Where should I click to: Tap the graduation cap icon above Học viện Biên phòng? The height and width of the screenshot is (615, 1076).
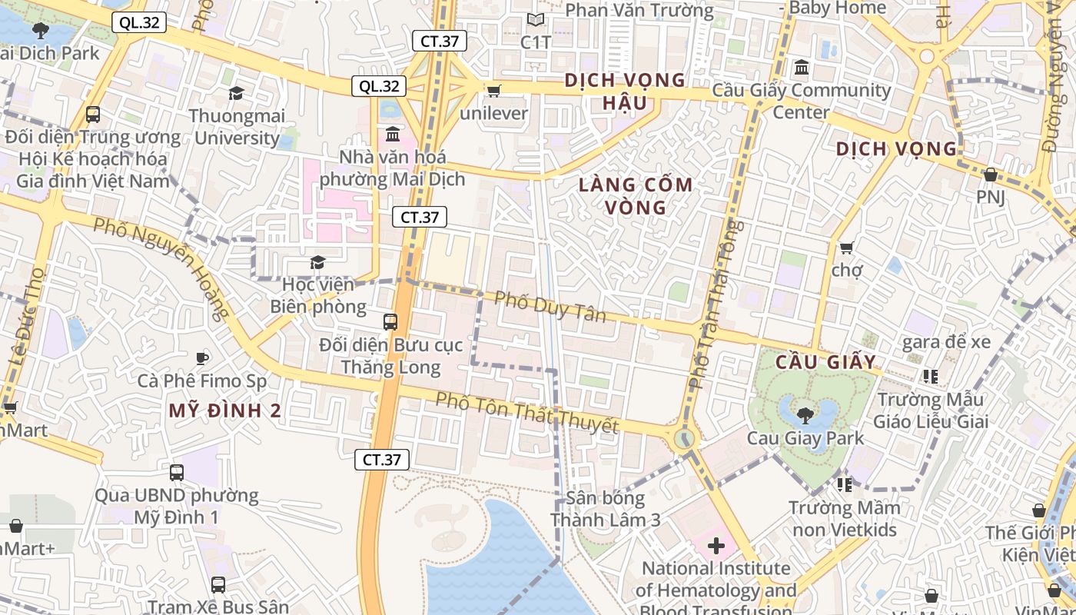coord(317,263)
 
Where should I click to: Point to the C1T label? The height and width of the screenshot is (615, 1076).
coord(536,42)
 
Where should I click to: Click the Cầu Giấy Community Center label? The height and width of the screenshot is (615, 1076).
coord(802,101)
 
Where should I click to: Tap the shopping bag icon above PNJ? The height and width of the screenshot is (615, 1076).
coord(991,175)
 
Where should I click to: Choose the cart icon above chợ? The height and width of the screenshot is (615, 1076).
coord(846,248)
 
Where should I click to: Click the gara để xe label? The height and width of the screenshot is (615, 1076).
coord(946,342)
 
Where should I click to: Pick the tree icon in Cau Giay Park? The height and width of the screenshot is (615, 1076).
coord(805,416)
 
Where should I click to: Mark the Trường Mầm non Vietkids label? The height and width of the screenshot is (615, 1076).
coord(844,519)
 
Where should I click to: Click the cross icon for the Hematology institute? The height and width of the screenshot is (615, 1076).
coord(716,546)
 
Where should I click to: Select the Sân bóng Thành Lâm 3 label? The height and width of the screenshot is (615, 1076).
coord(606,509)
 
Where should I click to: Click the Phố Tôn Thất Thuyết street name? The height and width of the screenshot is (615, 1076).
coord(526,413)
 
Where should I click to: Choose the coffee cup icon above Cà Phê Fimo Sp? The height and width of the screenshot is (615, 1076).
coord(202,358)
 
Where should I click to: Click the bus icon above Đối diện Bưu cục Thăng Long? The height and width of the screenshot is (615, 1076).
coord(390,322)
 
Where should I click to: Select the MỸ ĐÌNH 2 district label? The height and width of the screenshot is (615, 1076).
coord(225,411)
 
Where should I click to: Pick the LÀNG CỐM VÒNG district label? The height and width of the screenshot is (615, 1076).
coord(636,196)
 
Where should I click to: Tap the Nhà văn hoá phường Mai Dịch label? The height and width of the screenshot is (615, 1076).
coord(392,168)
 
